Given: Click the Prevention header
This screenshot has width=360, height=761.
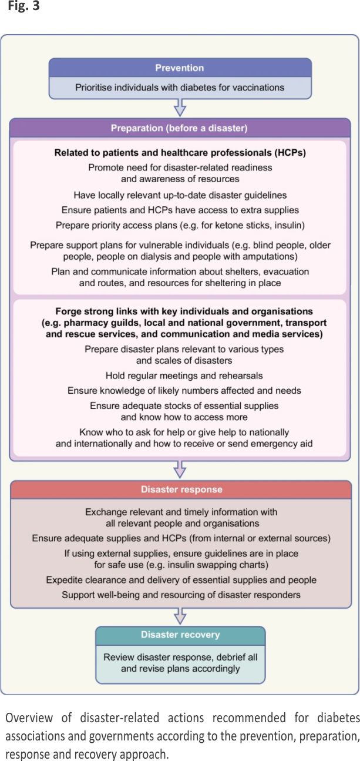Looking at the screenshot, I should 179,68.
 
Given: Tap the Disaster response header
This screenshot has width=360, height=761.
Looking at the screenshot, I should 179,489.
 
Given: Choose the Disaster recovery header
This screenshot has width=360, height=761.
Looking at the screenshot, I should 180,635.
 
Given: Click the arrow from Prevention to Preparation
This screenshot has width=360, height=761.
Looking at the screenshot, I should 180,108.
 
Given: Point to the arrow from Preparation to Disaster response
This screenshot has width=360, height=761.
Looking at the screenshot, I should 180,469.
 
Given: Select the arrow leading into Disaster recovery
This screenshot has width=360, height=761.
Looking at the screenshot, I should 180,615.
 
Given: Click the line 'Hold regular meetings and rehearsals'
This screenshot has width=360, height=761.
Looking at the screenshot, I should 184,375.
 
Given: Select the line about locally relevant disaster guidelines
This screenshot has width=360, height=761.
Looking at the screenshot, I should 180,195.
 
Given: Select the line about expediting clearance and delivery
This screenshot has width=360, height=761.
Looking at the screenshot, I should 181,580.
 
